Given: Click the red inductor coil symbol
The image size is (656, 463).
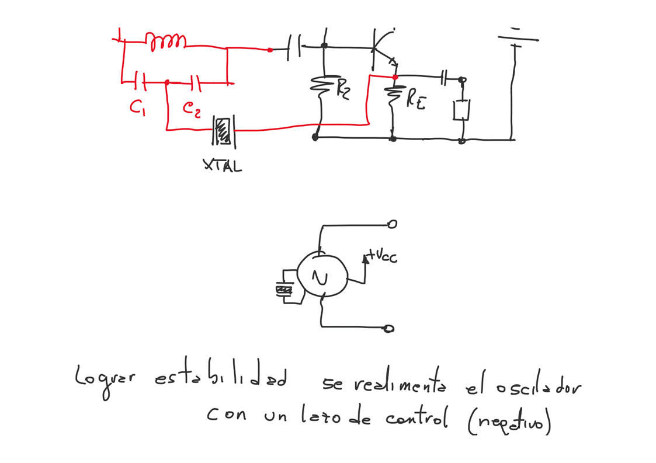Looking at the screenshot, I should point(166,41).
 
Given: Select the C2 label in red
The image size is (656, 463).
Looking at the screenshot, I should point(191,108).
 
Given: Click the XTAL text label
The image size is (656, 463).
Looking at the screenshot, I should point(222,166).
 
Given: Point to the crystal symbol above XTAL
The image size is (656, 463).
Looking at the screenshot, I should point(223,130).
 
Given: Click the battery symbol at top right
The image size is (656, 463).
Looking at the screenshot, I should point(516,39).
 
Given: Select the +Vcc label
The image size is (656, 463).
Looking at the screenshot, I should point(383,257).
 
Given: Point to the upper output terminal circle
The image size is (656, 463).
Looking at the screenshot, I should point(393,224).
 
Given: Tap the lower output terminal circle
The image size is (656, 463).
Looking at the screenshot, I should point(389,329).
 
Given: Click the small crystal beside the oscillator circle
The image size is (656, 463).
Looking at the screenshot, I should point(284,288).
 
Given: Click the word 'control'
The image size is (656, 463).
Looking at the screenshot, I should point(417,418).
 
